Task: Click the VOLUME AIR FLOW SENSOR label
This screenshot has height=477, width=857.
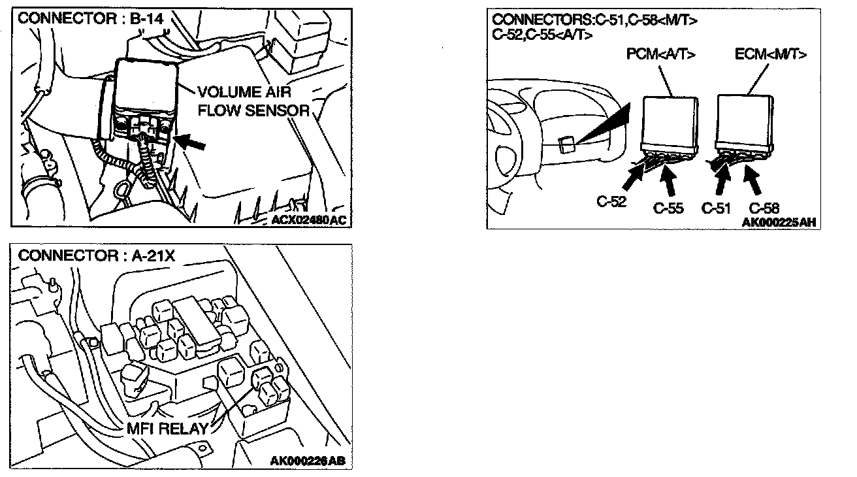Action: [253, 101]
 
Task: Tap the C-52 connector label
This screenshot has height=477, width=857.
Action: [612, 201]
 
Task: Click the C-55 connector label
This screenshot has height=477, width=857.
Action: [668, 208]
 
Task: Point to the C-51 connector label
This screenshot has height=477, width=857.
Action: [716, 208]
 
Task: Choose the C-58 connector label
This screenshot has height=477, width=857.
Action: [764, 208]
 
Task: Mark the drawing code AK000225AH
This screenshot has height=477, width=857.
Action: [779, 222]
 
